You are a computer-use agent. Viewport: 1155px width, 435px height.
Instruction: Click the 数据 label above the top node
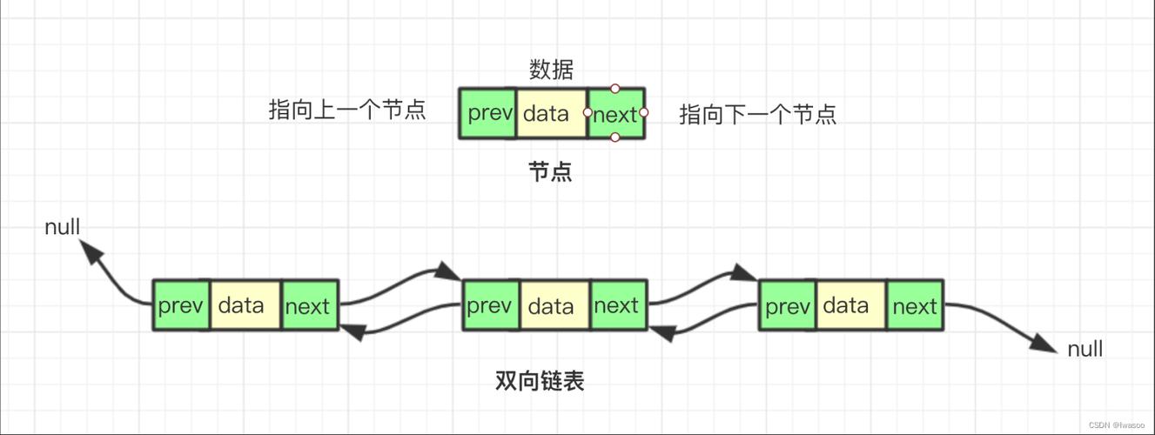tap(551, 70)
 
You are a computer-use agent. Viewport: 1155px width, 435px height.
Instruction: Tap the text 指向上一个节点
tap(347, 110)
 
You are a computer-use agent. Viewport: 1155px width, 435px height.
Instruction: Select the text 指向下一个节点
tap(757, 115)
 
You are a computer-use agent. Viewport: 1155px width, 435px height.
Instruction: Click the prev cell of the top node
tap(488, 113)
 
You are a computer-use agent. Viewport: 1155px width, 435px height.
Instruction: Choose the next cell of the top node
tap(615, 113)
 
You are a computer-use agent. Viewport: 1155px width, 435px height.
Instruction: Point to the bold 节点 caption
tap(550, 171)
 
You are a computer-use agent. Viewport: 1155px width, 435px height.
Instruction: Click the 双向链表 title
tap(539, 380)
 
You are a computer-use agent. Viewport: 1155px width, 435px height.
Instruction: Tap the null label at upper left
tap(63, 227)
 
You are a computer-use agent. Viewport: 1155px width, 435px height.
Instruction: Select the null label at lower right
tap(1084, 349)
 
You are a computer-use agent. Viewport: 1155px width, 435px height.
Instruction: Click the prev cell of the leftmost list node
tap(181, 305)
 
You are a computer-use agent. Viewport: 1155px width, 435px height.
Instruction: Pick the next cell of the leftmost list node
tap(309, 305)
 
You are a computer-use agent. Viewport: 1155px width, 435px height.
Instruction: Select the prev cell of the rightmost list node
tap(788, 305)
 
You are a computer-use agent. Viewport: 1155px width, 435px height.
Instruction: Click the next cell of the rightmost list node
tap(915, 305)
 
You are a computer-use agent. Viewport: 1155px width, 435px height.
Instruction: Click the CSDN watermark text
tap(1117, 425)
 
